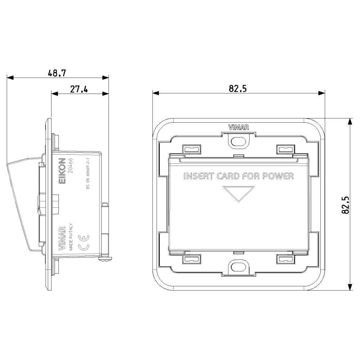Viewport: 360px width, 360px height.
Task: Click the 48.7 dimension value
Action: pyautogui.click(x=57, y=73)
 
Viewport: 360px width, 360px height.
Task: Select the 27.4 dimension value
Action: pyautogui.click(x=79, y=89)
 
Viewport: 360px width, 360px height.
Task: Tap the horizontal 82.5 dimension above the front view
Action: pyautogui.click(x=238, y=89)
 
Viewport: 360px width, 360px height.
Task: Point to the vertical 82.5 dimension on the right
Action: pyautogui.click(x=345, y=205)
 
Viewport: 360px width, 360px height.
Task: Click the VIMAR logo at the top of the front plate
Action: pyautogui.click(x=239, y=127)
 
